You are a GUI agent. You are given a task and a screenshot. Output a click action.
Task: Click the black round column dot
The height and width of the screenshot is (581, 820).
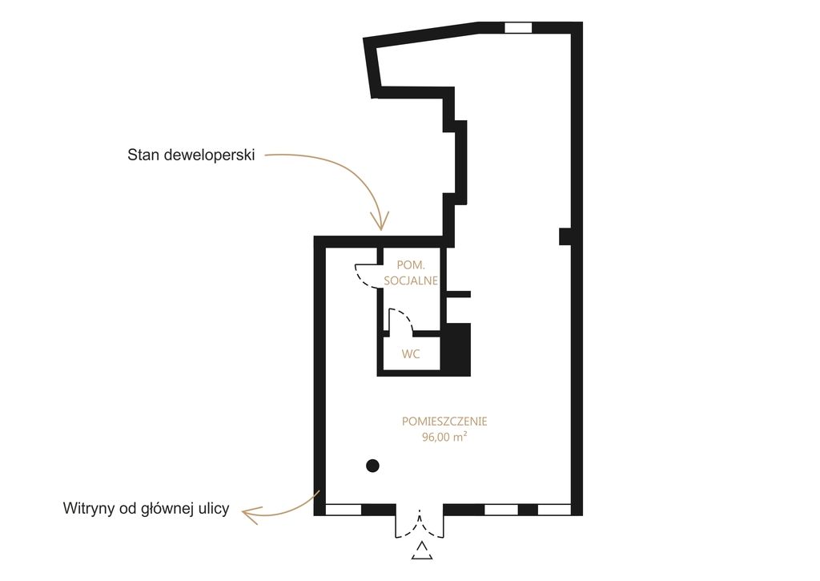pos(372,466)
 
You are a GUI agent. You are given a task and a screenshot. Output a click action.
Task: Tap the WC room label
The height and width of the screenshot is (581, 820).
pos(411,354)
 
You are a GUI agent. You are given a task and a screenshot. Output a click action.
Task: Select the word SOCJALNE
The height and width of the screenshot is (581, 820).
pos(411,280)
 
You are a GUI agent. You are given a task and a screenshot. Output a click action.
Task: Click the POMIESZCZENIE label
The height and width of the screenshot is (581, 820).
pos(444,422)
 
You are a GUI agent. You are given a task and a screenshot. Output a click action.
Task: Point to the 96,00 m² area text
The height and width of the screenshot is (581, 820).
pos(444,437)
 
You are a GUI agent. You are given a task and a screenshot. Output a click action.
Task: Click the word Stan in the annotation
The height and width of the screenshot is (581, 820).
pos(143,155)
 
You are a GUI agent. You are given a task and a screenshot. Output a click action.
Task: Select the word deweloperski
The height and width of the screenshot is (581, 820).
pos(209,155)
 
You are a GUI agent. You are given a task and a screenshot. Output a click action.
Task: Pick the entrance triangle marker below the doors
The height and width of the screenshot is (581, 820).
pos(421,551)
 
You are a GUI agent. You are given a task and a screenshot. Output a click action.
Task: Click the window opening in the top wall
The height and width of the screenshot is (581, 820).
pos(518,28)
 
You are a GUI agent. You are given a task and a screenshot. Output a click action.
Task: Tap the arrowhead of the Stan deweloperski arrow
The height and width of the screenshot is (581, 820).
pos(380,221)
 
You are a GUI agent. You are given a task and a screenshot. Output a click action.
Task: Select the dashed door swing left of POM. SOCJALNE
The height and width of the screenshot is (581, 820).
pos(366,276)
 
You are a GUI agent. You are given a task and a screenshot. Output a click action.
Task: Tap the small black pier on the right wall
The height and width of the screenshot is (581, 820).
pos(565,236)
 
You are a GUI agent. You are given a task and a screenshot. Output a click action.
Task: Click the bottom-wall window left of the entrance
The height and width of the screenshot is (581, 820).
pos(344,510)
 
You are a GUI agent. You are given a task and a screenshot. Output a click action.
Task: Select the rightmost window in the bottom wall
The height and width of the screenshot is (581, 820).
pos(554,510)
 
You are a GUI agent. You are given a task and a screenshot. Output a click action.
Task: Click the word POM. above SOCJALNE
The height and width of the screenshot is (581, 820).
pos(411,265)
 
